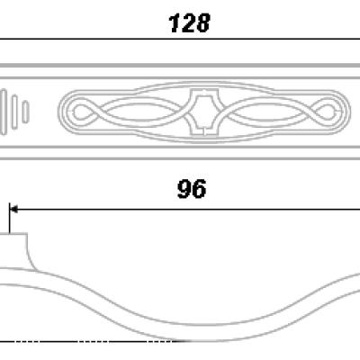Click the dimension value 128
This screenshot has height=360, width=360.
coord(189,23)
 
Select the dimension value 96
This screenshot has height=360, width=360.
coord(192,189)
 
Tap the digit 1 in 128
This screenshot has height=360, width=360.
coord(175,23)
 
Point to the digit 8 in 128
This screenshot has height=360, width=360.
coord(203,23)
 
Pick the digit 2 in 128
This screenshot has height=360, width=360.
coord(188,23)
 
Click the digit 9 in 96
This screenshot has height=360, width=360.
coord(184,189)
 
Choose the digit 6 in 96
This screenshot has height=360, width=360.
coord(199,189)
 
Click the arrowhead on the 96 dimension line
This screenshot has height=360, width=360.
coord(13,209)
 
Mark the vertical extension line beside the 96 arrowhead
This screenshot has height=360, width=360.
coord(10,218)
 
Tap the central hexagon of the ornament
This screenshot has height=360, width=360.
coord(204,112)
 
